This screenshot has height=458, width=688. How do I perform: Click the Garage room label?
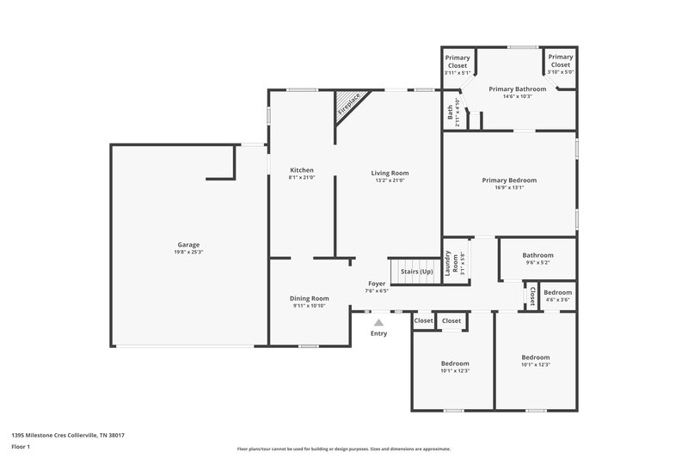(188, 245)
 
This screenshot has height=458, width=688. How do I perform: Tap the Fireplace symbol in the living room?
(349, 105)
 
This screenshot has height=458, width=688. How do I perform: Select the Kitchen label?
(302, 170)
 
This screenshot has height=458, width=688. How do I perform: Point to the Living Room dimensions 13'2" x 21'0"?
(390, 180)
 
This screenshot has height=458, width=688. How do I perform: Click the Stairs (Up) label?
(416, 272)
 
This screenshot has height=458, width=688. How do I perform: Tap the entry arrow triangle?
(378, 322)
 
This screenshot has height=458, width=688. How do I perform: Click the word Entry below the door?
(378, 333)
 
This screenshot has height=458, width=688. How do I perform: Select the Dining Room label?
(309, 298)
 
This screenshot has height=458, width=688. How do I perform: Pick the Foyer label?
(377, 283)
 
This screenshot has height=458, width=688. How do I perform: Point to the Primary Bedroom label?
(509, 180)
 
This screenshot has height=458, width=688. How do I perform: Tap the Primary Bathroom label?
(518, 89)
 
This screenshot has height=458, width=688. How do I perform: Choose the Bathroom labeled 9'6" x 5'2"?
(537, 255)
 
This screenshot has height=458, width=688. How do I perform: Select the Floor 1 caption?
(21, 447)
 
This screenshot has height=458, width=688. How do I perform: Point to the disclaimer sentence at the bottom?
(344, 449)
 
